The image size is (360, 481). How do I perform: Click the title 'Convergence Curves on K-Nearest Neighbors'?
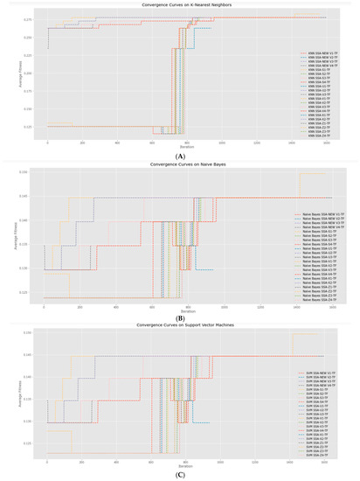click(180, 5)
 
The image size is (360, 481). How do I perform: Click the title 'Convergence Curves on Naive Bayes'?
click(180, 164)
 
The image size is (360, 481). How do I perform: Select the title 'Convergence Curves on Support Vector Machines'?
click(180, 325)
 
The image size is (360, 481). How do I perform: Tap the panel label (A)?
click(180, 156)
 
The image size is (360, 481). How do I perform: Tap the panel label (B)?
click(180, 317)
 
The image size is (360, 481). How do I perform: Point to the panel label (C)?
click(180, 477)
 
